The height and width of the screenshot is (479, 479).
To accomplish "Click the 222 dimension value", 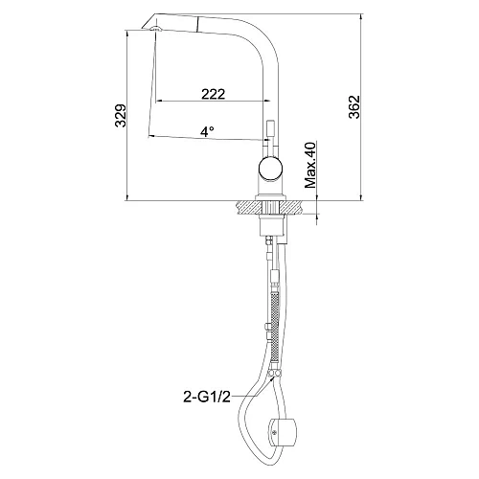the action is point(213,94).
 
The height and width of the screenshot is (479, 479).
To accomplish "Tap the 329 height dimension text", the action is point(121,115).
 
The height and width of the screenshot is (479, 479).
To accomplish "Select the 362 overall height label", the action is point(354,107).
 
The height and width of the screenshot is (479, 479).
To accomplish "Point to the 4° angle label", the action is point(207,131).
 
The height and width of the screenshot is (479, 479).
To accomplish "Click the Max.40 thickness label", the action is point(310,165).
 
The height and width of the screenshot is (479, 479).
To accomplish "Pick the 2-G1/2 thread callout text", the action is point(207,397).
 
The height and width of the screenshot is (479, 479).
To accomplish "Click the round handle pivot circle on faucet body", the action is point(270,168).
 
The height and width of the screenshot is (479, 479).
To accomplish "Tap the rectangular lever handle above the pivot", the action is point(270,131).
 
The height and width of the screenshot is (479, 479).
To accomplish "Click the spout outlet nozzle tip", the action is point(156,29).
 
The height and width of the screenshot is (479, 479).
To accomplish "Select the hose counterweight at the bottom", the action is point(284,432).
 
